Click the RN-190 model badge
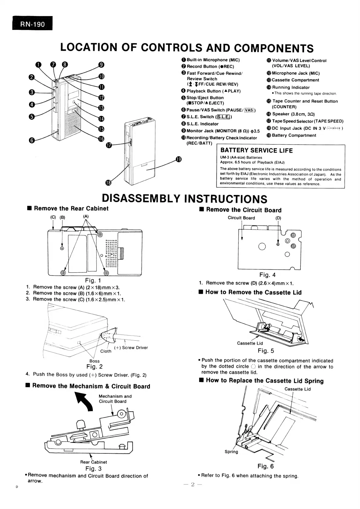click(x=32, y=24)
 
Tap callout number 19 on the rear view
click(x=178, y=159)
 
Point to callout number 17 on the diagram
click(x=109, y=146)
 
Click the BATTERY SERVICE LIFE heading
click(x=257, y=151)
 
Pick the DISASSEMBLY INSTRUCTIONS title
click(x=184, y=199)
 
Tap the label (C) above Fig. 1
click(x=53, y=217)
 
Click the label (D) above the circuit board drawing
click(x=278, y=218)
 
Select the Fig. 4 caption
click(x=267, y=275)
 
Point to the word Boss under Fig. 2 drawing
click(x=94, y=361)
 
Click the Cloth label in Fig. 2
click(x=106, y=351)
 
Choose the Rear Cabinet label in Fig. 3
click(x=93, y=462)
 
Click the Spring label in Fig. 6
click(x=231, y=452)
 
